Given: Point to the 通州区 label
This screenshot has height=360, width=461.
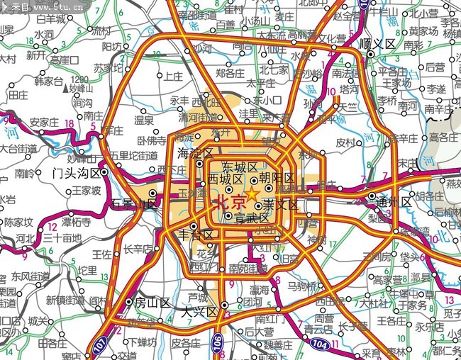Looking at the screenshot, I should [x=396, y=202].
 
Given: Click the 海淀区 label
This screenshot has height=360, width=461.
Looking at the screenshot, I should [x=195, y=154].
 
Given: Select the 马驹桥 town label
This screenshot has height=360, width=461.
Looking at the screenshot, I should [x=304, y=286].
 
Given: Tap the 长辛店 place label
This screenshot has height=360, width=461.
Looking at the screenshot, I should [x=138, y=249].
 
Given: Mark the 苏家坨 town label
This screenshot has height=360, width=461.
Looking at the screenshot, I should [x=108, y=68].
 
